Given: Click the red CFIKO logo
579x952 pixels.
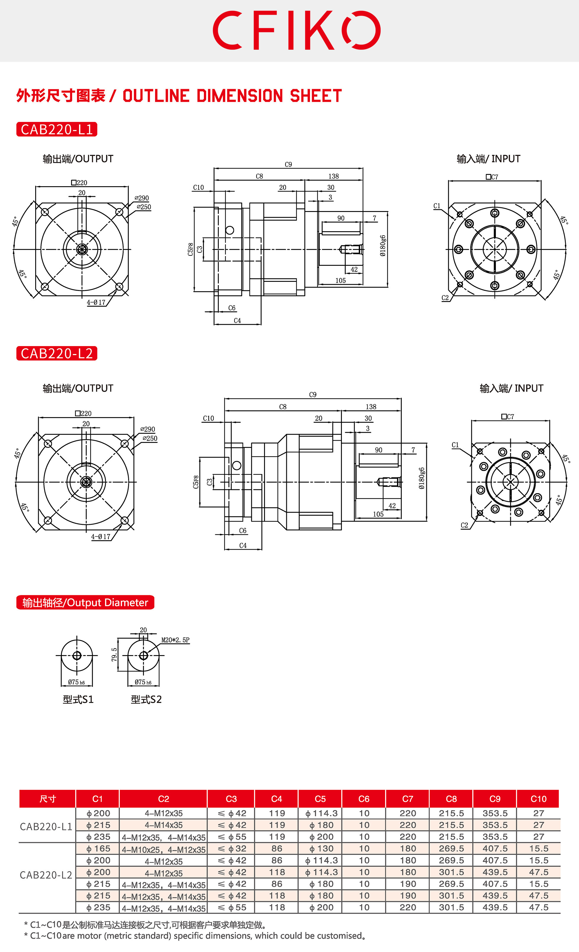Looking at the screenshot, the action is (296, 30).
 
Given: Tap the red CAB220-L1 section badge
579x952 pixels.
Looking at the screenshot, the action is (57, 129).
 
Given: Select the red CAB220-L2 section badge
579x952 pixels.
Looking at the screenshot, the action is (57, 353).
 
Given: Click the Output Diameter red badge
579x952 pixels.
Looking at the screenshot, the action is (85, 602).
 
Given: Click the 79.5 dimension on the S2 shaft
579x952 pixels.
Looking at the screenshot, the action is (114, 654).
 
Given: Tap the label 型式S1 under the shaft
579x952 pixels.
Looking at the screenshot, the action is (78, 699).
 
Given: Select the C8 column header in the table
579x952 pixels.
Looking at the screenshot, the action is (451, 799).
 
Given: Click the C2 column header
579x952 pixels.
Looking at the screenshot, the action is (163, 799).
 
